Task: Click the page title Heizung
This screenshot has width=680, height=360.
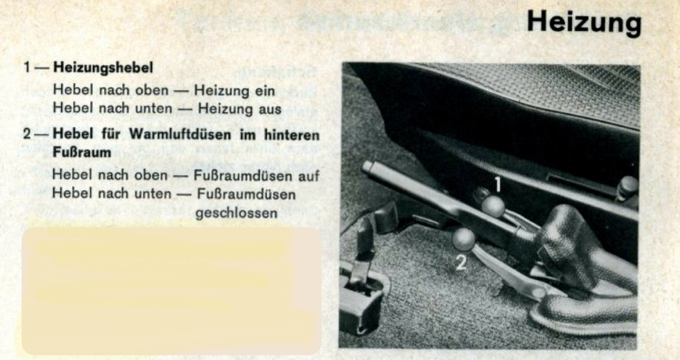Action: (584, 23)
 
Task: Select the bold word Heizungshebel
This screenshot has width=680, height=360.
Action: (103, 67)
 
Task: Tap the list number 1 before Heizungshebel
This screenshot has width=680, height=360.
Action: (27, 67)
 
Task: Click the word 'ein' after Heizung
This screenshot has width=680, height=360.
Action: (264, 91)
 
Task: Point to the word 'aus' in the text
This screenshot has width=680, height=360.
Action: (270, 108)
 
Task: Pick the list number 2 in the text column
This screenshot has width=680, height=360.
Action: (27, 134)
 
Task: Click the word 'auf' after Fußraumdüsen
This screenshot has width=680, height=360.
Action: (309, 176)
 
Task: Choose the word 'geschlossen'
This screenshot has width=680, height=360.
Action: (236, 213)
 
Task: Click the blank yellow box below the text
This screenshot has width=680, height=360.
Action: (171, 291)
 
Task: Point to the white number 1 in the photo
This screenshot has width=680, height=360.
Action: (498, 184)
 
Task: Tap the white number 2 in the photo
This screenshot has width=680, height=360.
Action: (460, 263)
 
